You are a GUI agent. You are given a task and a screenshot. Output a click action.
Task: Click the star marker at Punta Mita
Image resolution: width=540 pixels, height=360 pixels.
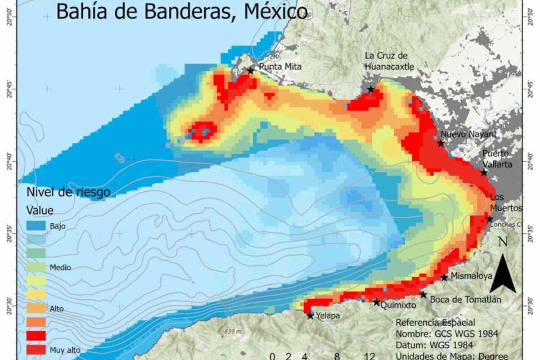tap(250, 71)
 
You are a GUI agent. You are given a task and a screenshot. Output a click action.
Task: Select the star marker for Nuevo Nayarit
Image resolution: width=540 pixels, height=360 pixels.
tap(441, 143)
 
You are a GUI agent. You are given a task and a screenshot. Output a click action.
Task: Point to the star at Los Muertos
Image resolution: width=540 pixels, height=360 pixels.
tap(490, 219)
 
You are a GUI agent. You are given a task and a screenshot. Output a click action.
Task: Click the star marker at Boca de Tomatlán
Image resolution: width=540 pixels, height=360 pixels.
tap(423, 295)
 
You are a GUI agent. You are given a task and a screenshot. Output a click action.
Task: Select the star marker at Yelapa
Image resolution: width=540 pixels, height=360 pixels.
tap(310, 316)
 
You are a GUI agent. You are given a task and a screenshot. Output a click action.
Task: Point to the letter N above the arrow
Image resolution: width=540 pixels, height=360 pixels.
tap(503, 241)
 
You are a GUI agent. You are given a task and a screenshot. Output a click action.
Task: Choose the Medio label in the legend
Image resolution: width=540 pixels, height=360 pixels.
tap(61, 267)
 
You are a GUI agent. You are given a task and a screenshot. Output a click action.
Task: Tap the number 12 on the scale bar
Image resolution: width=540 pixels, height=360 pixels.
tap(369, 356)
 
